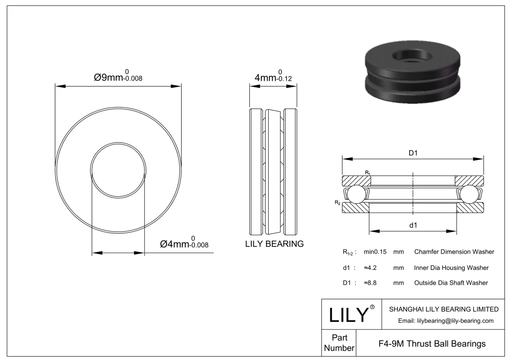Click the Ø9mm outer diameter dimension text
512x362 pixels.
point(118,77)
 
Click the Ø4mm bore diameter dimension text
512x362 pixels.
point(184,244)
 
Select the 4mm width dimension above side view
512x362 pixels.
point(273,77)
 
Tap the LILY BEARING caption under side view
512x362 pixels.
point(274,244)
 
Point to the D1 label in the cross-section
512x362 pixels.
point(413,153)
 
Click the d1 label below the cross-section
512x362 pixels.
point(413,225)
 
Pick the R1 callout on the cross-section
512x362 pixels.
point(368,173)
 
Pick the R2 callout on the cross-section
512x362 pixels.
point(337,202)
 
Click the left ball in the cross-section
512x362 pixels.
point(356,194)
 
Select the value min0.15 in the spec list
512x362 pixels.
point(375,252)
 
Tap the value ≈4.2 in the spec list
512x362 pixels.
point(370,268)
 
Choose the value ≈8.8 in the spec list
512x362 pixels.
point(370,283)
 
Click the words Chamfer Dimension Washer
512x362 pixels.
point(454,252)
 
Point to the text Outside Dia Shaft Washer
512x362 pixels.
point(451,283)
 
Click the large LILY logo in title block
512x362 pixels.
point(349,315)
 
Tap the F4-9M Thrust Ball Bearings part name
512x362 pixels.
point(432,344)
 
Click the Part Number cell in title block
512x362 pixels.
point(339,343)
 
